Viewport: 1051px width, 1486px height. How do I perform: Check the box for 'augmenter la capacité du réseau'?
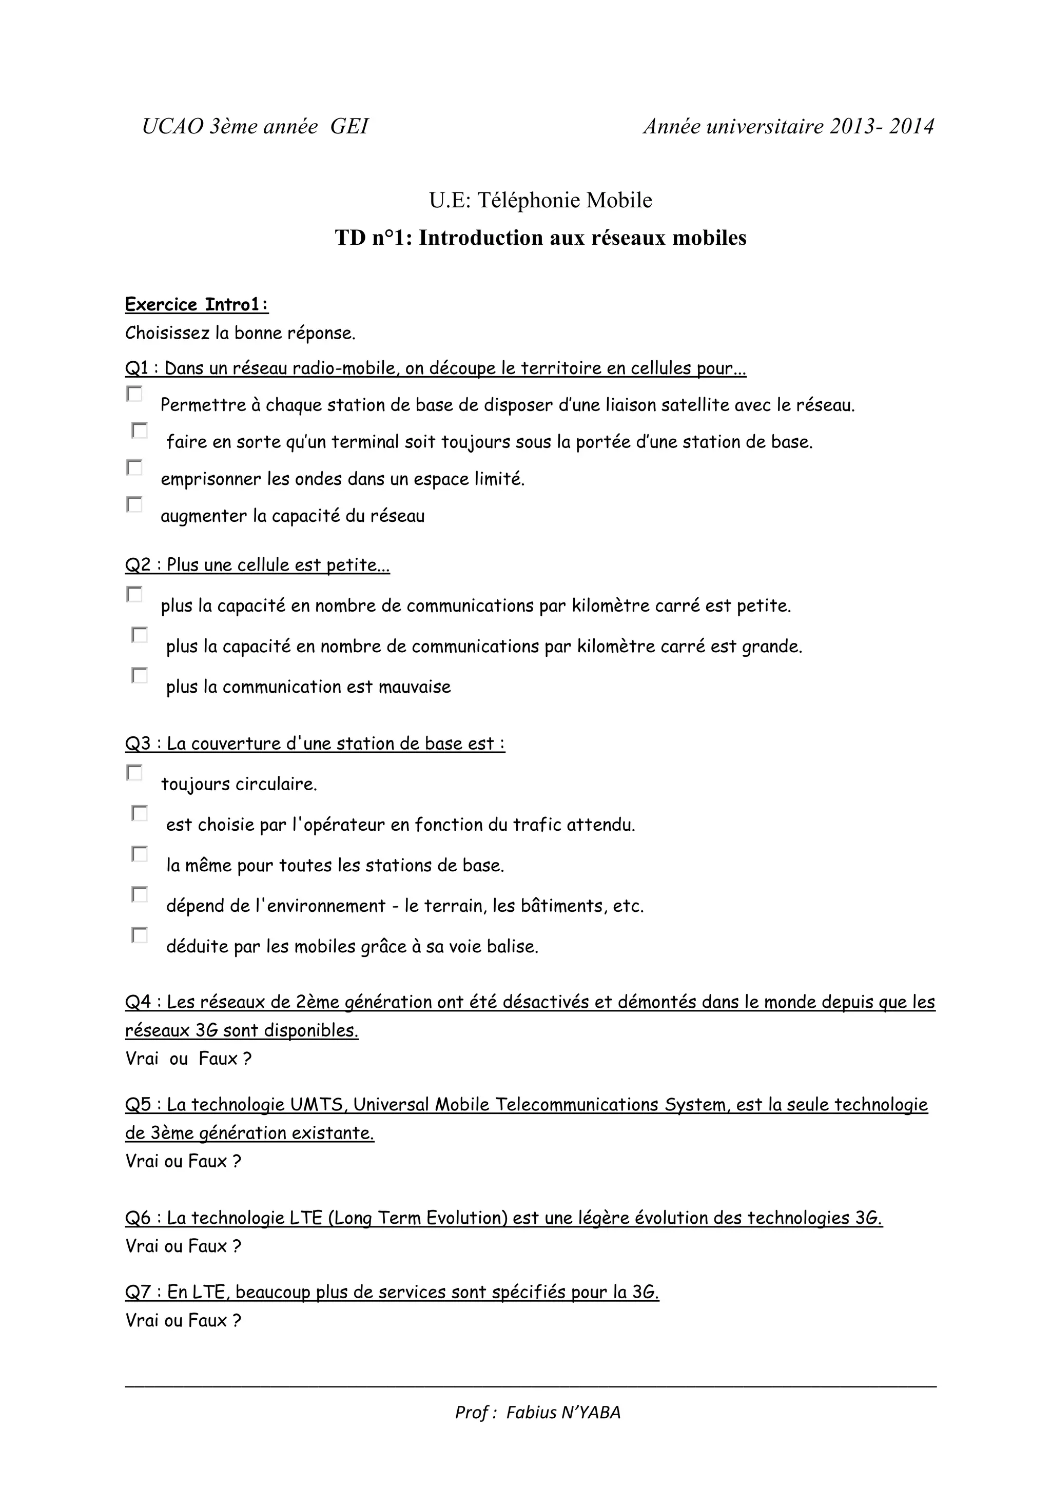(134, 504)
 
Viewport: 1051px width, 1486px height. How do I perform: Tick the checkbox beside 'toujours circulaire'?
(134, 773)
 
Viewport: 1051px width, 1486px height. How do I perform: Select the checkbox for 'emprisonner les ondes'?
(134, 467)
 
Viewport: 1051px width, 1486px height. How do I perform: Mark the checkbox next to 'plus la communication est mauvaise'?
(140, 675)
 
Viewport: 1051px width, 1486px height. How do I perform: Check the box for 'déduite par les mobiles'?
(140, 935)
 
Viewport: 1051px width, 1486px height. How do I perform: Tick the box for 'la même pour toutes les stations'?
(140, 854)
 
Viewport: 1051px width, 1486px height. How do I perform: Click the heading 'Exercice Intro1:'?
(197, 304)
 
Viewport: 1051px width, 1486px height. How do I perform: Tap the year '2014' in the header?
(911, 126)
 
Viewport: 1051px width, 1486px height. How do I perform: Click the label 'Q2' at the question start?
(137, 565)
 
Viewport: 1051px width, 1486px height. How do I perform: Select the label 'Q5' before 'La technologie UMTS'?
(137, 1105)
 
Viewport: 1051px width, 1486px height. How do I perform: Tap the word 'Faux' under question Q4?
(216, 1059)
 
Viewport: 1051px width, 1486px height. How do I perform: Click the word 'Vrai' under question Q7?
(142, 1320)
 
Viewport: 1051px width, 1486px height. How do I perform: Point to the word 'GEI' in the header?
(349, 126)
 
